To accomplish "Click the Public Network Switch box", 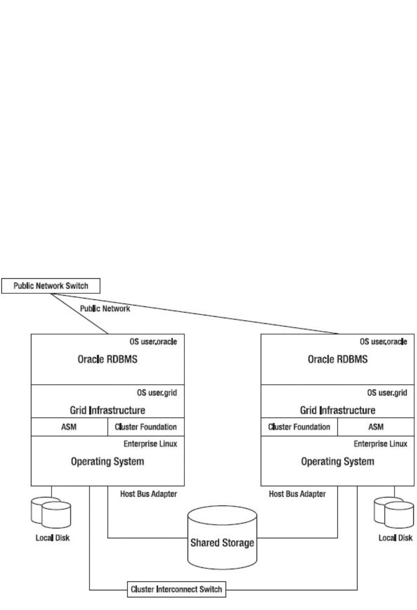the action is [x=51, y=286].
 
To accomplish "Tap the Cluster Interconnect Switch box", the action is [x=176, y=589].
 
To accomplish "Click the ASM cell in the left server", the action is [x=69, y=427].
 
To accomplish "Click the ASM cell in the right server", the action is [x=376, y=427].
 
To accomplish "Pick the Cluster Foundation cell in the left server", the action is [x=146, y=427].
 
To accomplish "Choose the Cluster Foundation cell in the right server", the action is [x=299, y=427].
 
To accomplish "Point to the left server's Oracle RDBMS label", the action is [x=108, y=359].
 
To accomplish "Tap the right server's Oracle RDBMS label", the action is [x=337, y=359].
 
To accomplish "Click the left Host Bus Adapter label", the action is [x=148, y=494].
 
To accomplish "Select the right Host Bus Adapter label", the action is [x=297, y=494].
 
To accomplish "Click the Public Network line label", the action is [x=105, y=309].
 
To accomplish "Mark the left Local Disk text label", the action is [x=53, y=538].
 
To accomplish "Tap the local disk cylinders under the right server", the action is [x=394, y=513].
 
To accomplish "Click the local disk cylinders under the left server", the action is [x=51, y=513].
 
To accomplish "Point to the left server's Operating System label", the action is [x=108, y=461].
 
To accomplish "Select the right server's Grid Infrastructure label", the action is [x=337, y=410].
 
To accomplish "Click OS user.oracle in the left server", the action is [x=153, y=342].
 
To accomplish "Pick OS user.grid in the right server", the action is [x=387, y=393].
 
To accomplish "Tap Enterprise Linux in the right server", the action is [x=380, y=444].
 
